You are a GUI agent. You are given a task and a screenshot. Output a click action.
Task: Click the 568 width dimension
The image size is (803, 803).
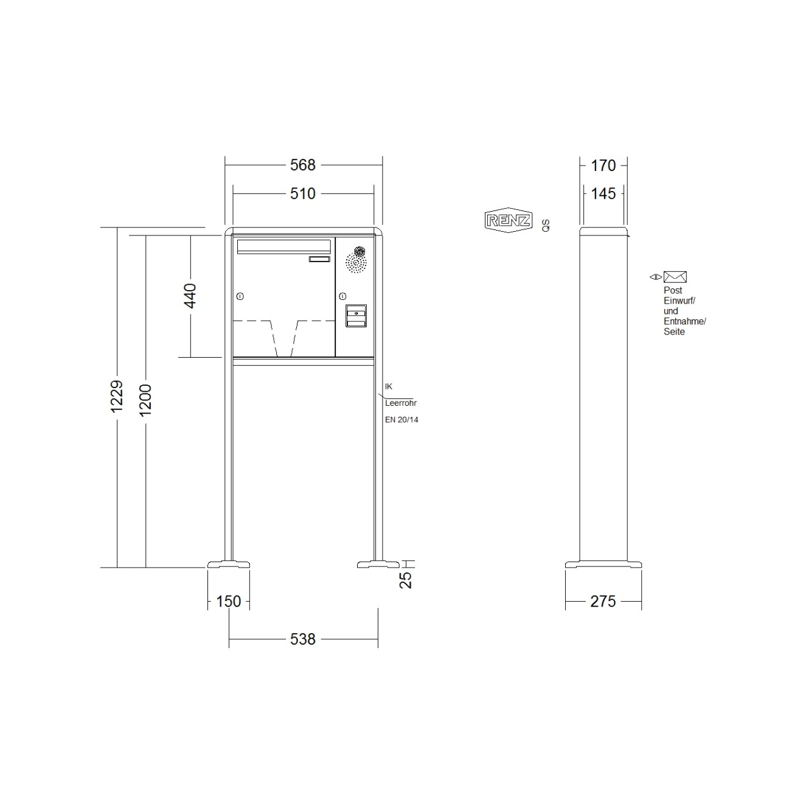(x=303, y=165)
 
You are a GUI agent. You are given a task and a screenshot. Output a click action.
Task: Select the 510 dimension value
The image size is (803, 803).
(x=303, y=193)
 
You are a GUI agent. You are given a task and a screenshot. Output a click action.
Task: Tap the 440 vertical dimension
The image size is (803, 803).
(x=190, y=296)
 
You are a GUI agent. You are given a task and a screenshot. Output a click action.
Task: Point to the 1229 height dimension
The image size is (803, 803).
(x=117, y=396)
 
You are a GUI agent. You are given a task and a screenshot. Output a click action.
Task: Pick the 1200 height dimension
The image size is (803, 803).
(x=145, y=400)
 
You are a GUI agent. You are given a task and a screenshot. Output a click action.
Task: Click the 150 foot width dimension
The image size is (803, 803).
(x=229, y=601)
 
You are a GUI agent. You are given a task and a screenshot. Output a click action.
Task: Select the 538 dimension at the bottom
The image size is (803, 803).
(x=303, y=639)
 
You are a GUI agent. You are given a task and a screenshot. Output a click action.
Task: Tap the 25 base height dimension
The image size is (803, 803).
(x=406, y=579)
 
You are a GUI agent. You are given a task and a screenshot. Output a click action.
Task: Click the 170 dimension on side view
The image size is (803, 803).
(x=603, y=165)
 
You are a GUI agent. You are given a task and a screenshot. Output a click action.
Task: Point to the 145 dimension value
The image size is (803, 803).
(x=603, y=193)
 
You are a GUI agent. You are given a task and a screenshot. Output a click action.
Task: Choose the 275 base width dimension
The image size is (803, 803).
(x=603, y=601)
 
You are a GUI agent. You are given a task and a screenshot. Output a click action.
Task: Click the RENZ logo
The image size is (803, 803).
(x=508, y=220)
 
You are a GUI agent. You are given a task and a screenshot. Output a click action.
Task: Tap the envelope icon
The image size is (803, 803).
(x=675, y=277)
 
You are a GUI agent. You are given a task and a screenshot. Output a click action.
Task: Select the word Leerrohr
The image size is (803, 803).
(x=401, y=403)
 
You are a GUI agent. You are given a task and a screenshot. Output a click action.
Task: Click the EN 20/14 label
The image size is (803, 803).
(x=401, y=420)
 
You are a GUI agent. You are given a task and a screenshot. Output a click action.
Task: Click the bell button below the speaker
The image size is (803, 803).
(x=356, y=315)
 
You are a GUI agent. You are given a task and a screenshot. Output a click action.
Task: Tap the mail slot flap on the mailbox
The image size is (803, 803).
(x=283, y=246)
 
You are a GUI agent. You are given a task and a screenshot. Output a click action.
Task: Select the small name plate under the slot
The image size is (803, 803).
(x=319, y=260)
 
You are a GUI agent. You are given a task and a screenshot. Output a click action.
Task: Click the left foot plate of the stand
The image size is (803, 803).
(x=229, y=565)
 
